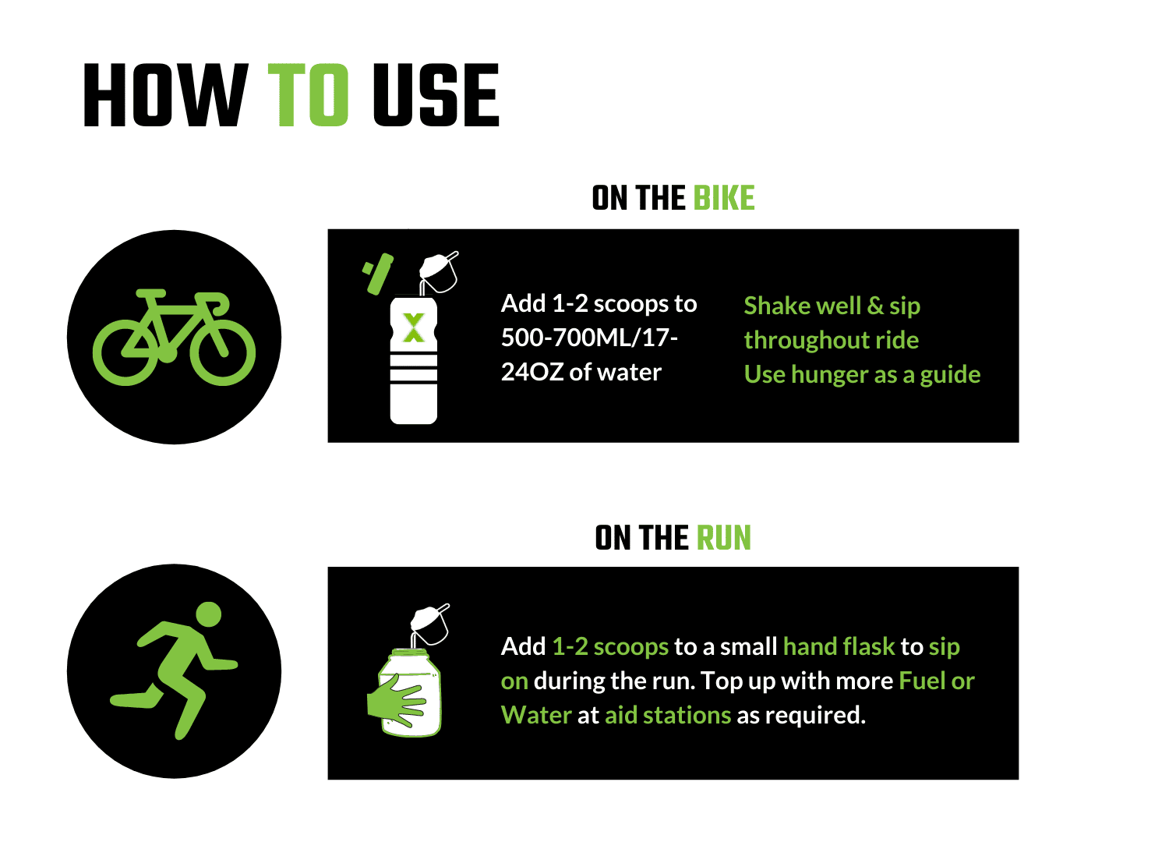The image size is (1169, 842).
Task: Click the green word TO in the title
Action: [x=309, y=96]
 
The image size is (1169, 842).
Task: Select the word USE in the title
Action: [x=436, y=96]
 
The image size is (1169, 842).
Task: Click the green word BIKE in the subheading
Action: [x=724, y=198]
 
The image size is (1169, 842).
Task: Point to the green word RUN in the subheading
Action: [x=723, y=538]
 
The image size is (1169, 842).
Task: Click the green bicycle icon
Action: [x=174, y=338]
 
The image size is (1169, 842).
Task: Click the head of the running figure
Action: [x=209, y=614]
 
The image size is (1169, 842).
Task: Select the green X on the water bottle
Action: [x=413, y=327]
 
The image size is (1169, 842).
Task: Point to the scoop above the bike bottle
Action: [x=439, y=270]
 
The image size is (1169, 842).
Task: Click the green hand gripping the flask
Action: [x=397, y=699]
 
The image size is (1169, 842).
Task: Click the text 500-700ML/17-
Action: [x=589, y=338]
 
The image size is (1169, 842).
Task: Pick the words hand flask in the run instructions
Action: [x=839, y=646]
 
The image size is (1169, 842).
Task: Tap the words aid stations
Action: [x=668, y=715]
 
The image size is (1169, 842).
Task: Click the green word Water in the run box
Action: [x=536, y=715]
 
